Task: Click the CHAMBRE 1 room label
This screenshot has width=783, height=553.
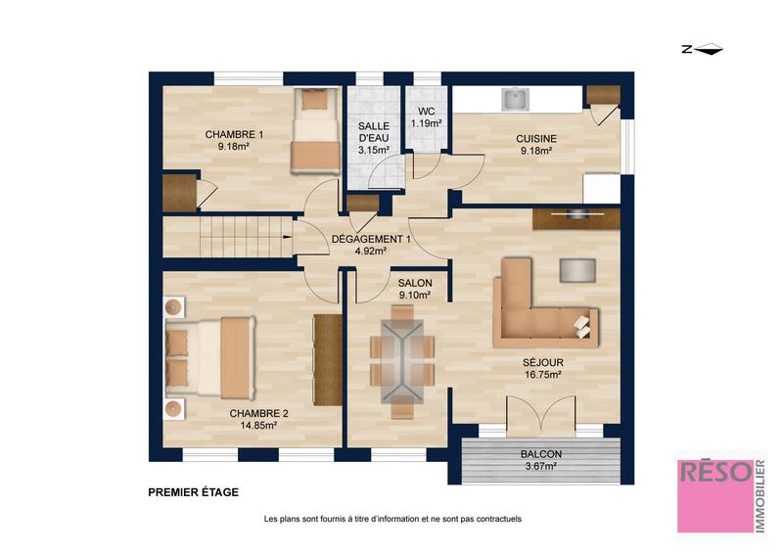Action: pos(234,134)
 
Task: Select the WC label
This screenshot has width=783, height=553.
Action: pos(426,112)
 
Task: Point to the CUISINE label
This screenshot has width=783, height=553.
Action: pos(536,139)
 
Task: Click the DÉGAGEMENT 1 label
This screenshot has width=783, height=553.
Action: pos(371,240)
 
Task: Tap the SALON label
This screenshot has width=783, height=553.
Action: pos(415,284)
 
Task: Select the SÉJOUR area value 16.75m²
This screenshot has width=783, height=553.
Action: pos(540,374)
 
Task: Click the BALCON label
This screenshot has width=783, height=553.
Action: pos(540,454)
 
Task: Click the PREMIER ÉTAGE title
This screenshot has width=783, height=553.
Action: pos(193,492)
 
